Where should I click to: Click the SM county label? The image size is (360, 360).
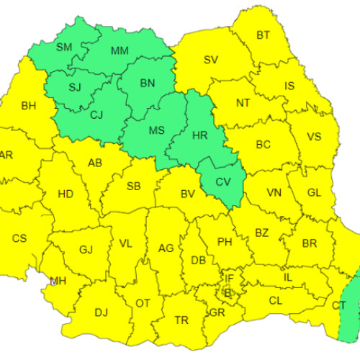(63, 48)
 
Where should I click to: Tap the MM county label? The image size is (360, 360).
(120, 50)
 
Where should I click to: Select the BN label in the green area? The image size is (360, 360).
(147, 84)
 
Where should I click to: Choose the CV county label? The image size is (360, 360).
(223, 181)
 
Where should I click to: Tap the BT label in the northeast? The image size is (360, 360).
(264, 35)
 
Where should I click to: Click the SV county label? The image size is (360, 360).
(210, 60)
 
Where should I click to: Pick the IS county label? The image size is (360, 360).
(289, 86)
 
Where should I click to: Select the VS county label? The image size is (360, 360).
(314, 137)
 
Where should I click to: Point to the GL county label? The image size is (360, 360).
(314, 192)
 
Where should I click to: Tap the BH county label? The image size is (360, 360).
(28, 106)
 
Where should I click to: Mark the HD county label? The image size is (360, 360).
(65, 194)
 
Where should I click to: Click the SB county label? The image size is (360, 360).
(133, 186)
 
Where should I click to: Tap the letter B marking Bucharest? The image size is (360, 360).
(227, 292)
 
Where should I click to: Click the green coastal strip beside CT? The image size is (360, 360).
(351, 302)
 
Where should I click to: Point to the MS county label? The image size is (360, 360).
(156, 132)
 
